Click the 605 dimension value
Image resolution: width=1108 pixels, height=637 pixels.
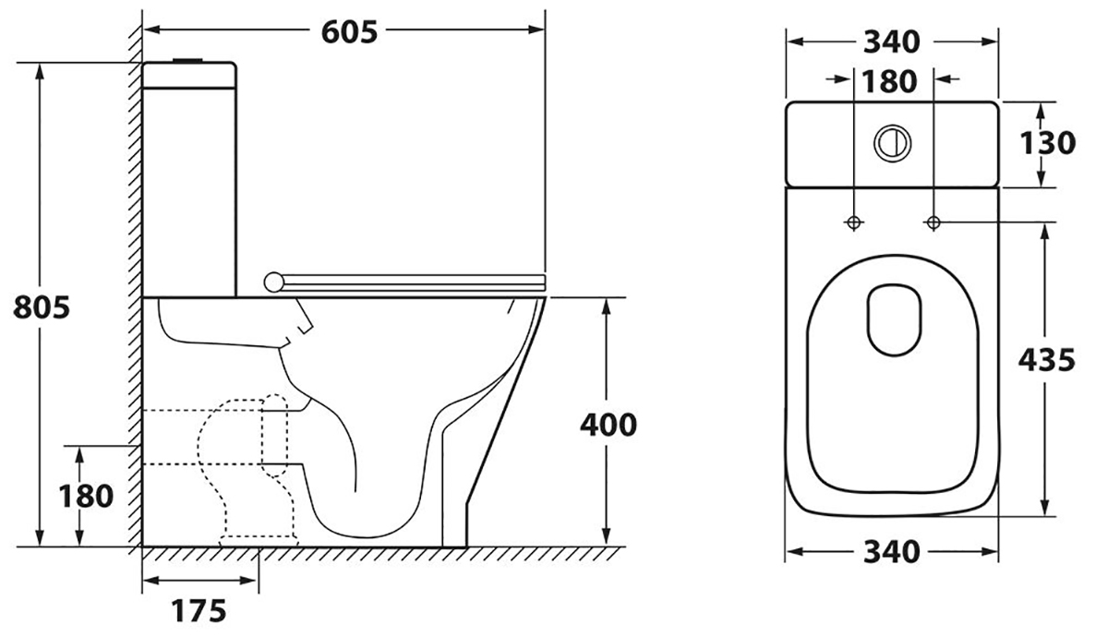[x=349, y=32]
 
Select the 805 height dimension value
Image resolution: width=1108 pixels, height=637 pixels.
[x=42, y=307]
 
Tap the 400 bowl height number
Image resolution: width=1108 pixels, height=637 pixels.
[x=608, y=426]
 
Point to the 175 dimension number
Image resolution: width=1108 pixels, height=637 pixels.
[x=199, y=611]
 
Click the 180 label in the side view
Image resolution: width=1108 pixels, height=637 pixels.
[x=86, y=497]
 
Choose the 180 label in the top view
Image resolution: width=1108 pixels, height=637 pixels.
[x=890, y=81]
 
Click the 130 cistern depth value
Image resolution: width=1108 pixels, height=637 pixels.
[x=1048, y=143]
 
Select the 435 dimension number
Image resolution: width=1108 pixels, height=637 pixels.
[x=1047, y=360]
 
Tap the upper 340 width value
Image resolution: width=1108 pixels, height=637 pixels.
[x=892, y=42]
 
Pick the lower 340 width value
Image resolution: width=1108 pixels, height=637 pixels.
[x=892, y=552]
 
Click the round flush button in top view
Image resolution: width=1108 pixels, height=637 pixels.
[x=893, y=143]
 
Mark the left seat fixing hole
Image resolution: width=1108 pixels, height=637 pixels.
[x=853, y=222]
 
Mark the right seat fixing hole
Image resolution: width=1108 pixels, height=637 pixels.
[x=933, y=222]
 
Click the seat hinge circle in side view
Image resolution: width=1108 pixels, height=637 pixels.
[x=273, y=282]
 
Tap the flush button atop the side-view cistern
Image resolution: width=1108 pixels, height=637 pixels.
[x=187, y=61]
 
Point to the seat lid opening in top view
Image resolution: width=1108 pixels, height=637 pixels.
[x=895, y=319]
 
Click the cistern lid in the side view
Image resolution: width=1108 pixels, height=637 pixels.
[x=188, y=75]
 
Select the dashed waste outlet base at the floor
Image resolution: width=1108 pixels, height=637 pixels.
[x=259, y=541]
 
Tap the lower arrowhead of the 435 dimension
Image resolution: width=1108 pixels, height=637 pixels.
[x=1044, y=506]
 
